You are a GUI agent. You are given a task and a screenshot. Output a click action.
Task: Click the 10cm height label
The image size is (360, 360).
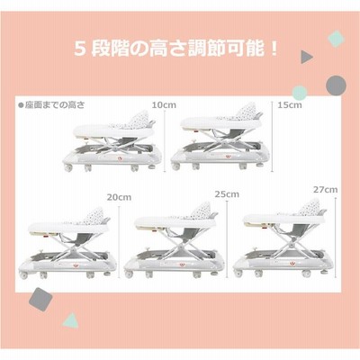(164, 105)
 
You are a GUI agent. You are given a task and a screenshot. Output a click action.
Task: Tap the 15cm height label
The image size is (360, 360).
(290, 105)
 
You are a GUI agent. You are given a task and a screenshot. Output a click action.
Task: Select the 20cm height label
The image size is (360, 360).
(119, 197)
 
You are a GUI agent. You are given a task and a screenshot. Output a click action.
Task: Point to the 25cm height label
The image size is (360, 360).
(227, 194)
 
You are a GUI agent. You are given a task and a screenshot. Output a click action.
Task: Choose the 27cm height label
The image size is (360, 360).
(326, 190)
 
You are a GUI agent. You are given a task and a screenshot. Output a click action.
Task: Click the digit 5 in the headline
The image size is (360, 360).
(78, 49)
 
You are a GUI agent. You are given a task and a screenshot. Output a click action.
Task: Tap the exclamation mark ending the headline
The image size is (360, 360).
(273, 49)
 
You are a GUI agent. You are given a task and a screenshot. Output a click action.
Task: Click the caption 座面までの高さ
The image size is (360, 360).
(51, 105)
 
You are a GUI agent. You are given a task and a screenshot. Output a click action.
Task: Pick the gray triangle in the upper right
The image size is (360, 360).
(306, 57)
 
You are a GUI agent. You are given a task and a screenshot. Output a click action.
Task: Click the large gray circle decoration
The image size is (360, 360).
(336, 85)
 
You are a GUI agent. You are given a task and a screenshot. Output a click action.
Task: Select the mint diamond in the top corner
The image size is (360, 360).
(336, 39)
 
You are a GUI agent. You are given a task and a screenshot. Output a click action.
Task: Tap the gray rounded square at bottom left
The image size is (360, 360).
(40, 299)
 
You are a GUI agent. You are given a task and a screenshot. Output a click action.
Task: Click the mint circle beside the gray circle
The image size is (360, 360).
(300, 93)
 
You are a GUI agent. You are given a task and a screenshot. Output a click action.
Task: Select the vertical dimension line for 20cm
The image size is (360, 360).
(119, 242)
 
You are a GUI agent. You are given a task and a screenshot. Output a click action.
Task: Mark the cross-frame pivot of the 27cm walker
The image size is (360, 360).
(290, 246)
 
